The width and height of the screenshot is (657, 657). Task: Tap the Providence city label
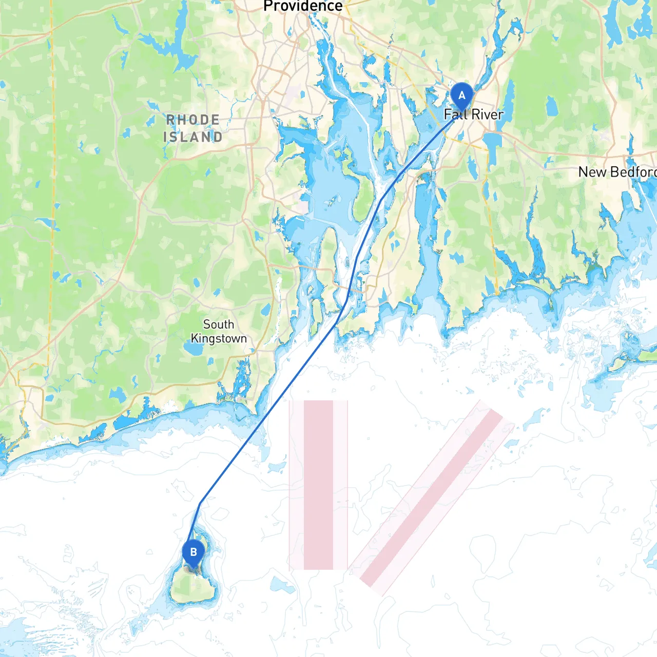[x=303, y=6]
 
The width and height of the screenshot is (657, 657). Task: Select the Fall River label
[x=473, y=114]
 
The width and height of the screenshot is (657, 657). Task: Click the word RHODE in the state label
[x=193, y=120]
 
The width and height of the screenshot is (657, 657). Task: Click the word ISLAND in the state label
[x=193, y=137]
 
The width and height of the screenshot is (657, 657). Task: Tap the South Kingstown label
[x=219, y=332]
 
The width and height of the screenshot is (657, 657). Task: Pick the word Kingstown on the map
[x=219, y=339]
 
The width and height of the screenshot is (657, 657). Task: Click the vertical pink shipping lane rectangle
[x=318, y=485]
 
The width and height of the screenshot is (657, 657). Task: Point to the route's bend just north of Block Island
[x=200, y=503]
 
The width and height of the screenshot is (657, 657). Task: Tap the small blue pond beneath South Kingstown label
[x=194, y=350]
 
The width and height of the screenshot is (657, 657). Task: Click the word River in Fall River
[x=488, y=114]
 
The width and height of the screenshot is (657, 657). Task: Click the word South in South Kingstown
[x=219, y=324]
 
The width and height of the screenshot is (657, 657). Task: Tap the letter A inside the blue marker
[x=461, y=95]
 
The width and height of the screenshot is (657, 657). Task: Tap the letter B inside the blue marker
[x=194, y=552]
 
